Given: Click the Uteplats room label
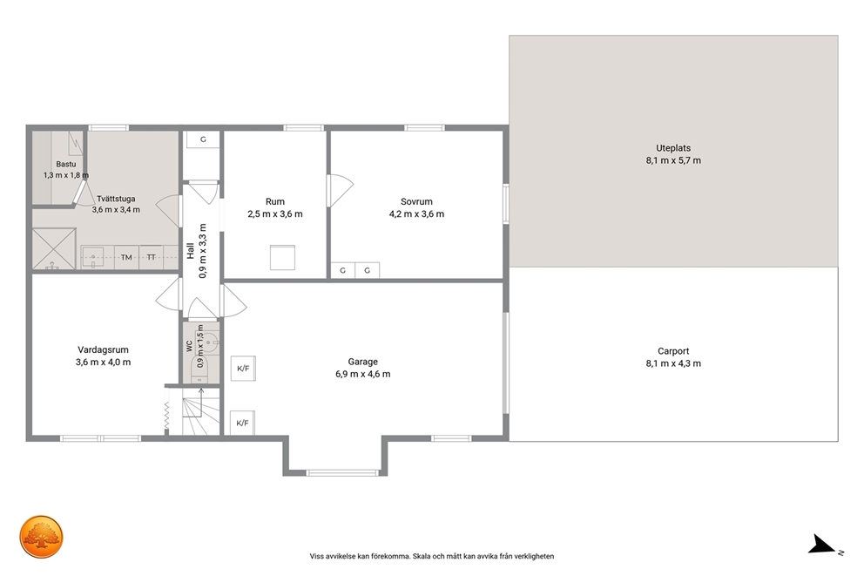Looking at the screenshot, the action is click(x=672, y=148).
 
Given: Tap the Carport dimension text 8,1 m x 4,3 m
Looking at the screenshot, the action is click(x=673, y=363).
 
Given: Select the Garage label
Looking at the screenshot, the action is click(x=362, y=362).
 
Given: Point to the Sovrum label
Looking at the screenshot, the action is click(x=416, y=202).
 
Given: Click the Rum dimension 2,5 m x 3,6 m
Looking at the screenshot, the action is click(x=275, y=213).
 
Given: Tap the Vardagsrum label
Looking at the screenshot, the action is click(x=103, y=349).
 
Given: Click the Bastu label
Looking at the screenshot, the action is click(x=66, y=164).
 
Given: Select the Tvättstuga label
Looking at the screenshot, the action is click(x=116, y=199).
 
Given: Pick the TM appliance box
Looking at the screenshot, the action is click(x=127, y=257).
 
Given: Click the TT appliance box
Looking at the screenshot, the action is click(x=151, y=257).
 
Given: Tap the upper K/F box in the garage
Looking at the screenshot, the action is click(x=243, y=369).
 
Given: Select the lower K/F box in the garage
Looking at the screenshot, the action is click(x=242, y=423).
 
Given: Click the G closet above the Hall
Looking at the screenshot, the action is click(x=203, y=139).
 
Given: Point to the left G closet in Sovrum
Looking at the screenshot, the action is click(x=343, y=270).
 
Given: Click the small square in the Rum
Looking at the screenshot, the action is click(x=282, y=257).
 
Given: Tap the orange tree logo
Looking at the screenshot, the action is click(x=42, y=538).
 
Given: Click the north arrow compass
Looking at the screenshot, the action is click(x=822, y=545).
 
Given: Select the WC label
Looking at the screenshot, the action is click(x=190, y=346).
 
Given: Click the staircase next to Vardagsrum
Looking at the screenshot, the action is click(x=201, y=410).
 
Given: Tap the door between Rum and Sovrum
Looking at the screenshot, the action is click(x=338, y=191).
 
